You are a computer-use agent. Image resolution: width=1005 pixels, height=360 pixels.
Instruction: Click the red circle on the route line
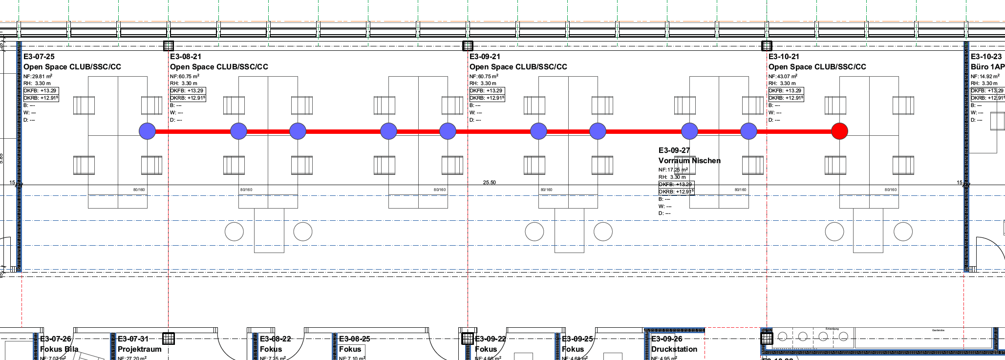(x=839, y=131)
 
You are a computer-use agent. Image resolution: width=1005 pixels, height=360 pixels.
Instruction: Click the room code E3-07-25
(x=39, y=57)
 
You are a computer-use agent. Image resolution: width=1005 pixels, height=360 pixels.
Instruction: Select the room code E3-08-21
(x=186, y=57)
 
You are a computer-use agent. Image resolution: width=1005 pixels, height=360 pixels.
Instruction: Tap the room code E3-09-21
(x=485, y=57)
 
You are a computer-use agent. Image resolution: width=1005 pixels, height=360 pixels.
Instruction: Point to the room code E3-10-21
(x=784, y=57)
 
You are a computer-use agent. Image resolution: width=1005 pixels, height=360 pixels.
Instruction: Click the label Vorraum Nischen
(x=689, y=161)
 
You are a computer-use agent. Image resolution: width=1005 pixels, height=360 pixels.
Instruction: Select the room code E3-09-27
(x=674, y=150)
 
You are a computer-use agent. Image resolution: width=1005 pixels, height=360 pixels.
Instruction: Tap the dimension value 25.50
(x=489, y=183)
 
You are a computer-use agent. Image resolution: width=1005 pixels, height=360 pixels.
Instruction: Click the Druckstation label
(x=674, y=349)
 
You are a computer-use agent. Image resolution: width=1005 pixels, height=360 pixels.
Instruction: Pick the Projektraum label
(x=139, y=349)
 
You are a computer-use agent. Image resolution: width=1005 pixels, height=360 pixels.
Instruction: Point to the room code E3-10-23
(x=986, y=57)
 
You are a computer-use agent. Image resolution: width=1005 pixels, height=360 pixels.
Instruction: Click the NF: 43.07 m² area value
(x=783, y=77)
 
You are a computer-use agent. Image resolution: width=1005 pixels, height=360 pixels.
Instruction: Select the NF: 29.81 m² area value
(x=38, y=77)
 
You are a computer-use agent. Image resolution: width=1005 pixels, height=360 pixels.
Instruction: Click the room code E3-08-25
(x=355, y=339)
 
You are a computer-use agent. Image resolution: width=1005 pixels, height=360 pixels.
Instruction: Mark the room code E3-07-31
(x=133, y=339)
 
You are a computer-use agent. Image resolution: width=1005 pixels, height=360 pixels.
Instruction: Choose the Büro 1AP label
(x=987, y=67)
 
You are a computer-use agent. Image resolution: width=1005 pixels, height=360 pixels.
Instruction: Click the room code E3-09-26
(x=667, y=339)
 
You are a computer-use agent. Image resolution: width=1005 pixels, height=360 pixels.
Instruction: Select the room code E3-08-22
(x=276, y=339)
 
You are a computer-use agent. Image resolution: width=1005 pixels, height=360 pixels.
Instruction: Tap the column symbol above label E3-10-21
(x=767, y=46)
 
